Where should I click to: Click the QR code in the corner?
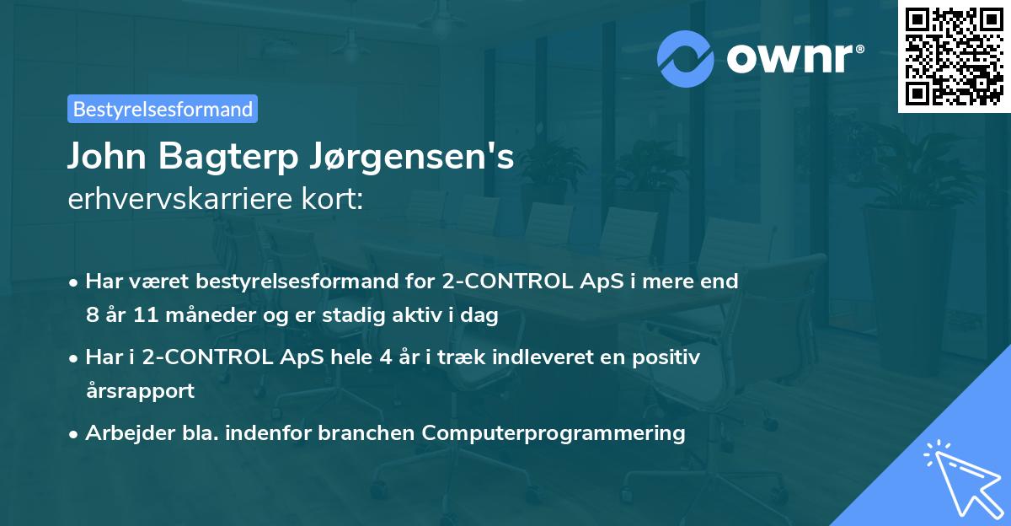pyautogui.click(x=954, y=56)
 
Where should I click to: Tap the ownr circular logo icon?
pyautogui.click(x=686, y=58)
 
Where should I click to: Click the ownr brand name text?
pyautogui.click(x=794, y=58)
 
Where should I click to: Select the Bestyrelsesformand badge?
pyautogui.click(x=163, y=109)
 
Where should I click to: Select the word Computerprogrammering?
pyautogui.click(x=554, y=433)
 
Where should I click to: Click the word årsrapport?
pyautogui.click(x=140, y=390)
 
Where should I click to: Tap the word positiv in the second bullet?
pyautogui.click(x=669, y=357)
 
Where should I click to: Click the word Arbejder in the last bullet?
pyautogui.click(x=122, y=433)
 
